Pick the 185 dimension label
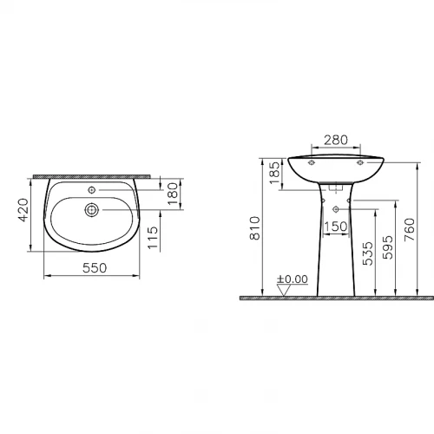point(274,173)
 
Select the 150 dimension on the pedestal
point(336,227)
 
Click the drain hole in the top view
point(90,209)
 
